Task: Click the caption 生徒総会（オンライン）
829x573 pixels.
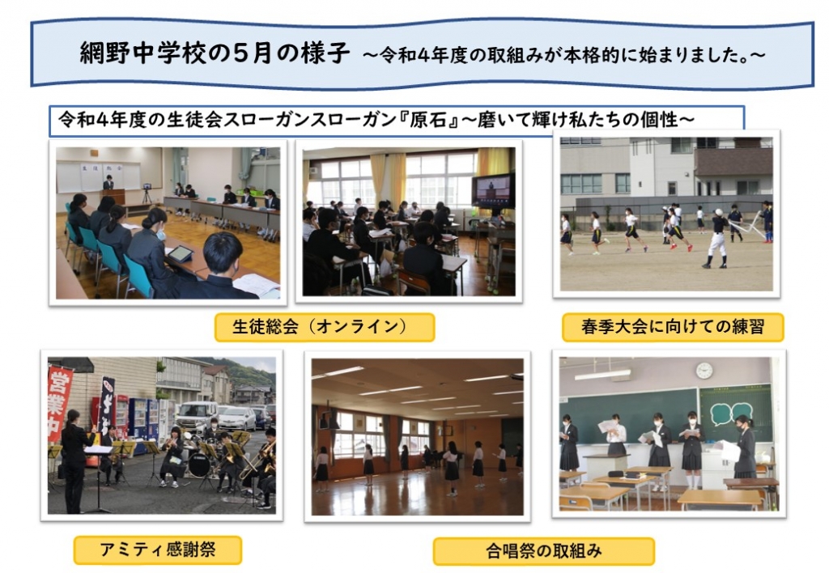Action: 324,327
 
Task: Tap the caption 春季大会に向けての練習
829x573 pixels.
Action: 673,327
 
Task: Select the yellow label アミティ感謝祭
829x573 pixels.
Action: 158,550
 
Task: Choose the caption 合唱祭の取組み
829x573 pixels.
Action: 543,551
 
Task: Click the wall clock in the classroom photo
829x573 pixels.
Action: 704,370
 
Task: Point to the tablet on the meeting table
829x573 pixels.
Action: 181,254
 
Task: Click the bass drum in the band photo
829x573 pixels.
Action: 199,465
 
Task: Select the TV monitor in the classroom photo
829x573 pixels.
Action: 493,191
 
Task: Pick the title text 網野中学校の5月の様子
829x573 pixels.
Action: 215,53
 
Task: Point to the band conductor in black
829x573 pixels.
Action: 75,461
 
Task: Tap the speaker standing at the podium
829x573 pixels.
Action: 108,183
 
